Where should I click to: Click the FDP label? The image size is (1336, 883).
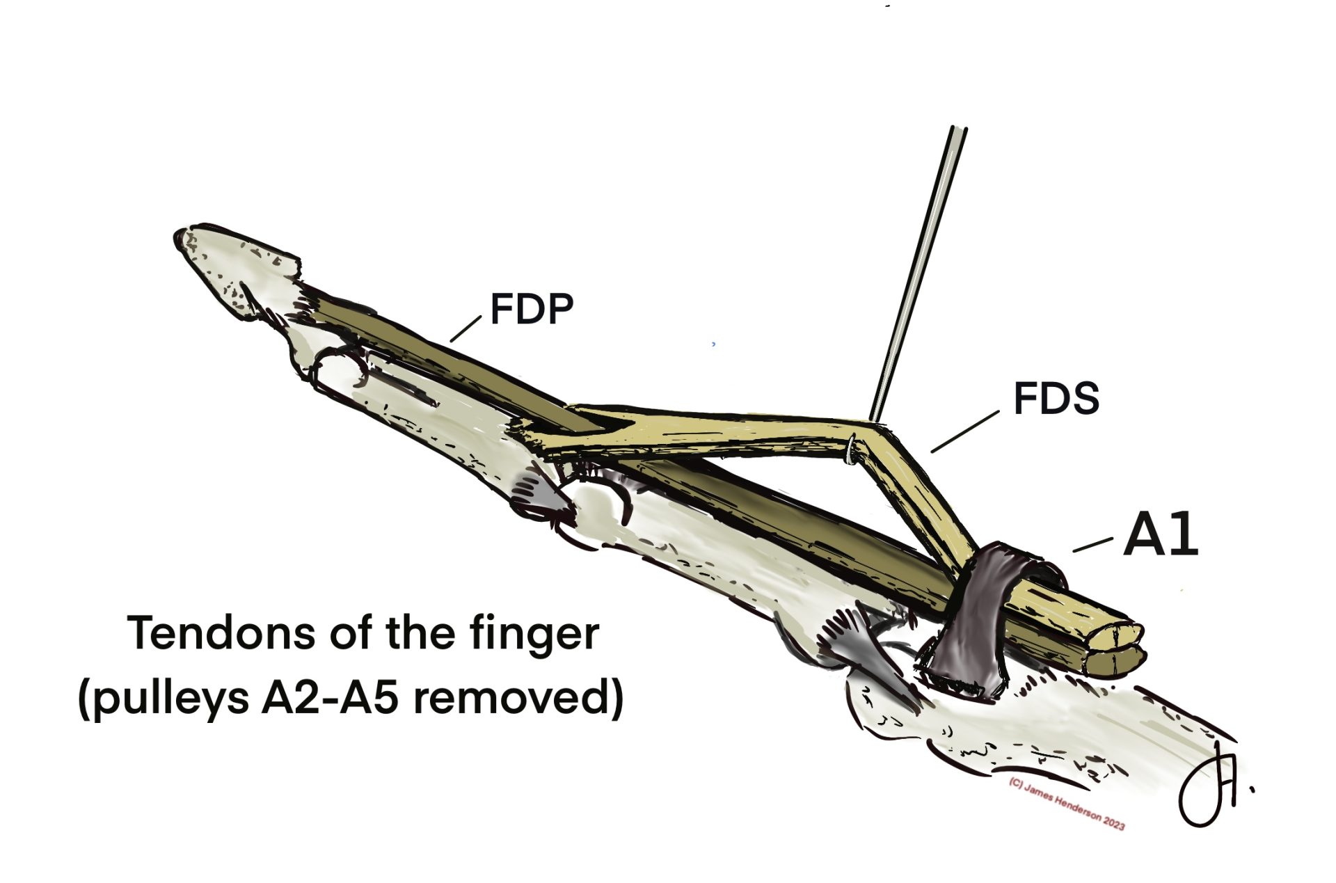pos(532,310)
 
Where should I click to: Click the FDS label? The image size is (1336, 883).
pos(1056,399)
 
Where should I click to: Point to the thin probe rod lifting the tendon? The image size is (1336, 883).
pos(918,274)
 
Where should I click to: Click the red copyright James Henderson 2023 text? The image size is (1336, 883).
pos(1066,804)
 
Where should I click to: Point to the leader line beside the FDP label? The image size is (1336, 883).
pos(466,328)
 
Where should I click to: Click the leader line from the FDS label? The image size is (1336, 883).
pos(965,431)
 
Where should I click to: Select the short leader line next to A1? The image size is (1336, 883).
pos(1092,545)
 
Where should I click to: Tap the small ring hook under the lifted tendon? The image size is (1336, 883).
pos(851,450)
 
